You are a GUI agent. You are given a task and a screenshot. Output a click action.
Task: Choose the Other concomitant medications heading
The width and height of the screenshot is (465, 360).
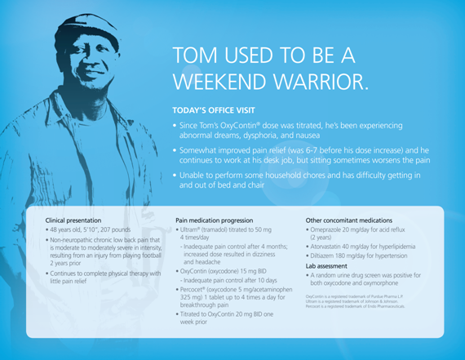tap(349, 220)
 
